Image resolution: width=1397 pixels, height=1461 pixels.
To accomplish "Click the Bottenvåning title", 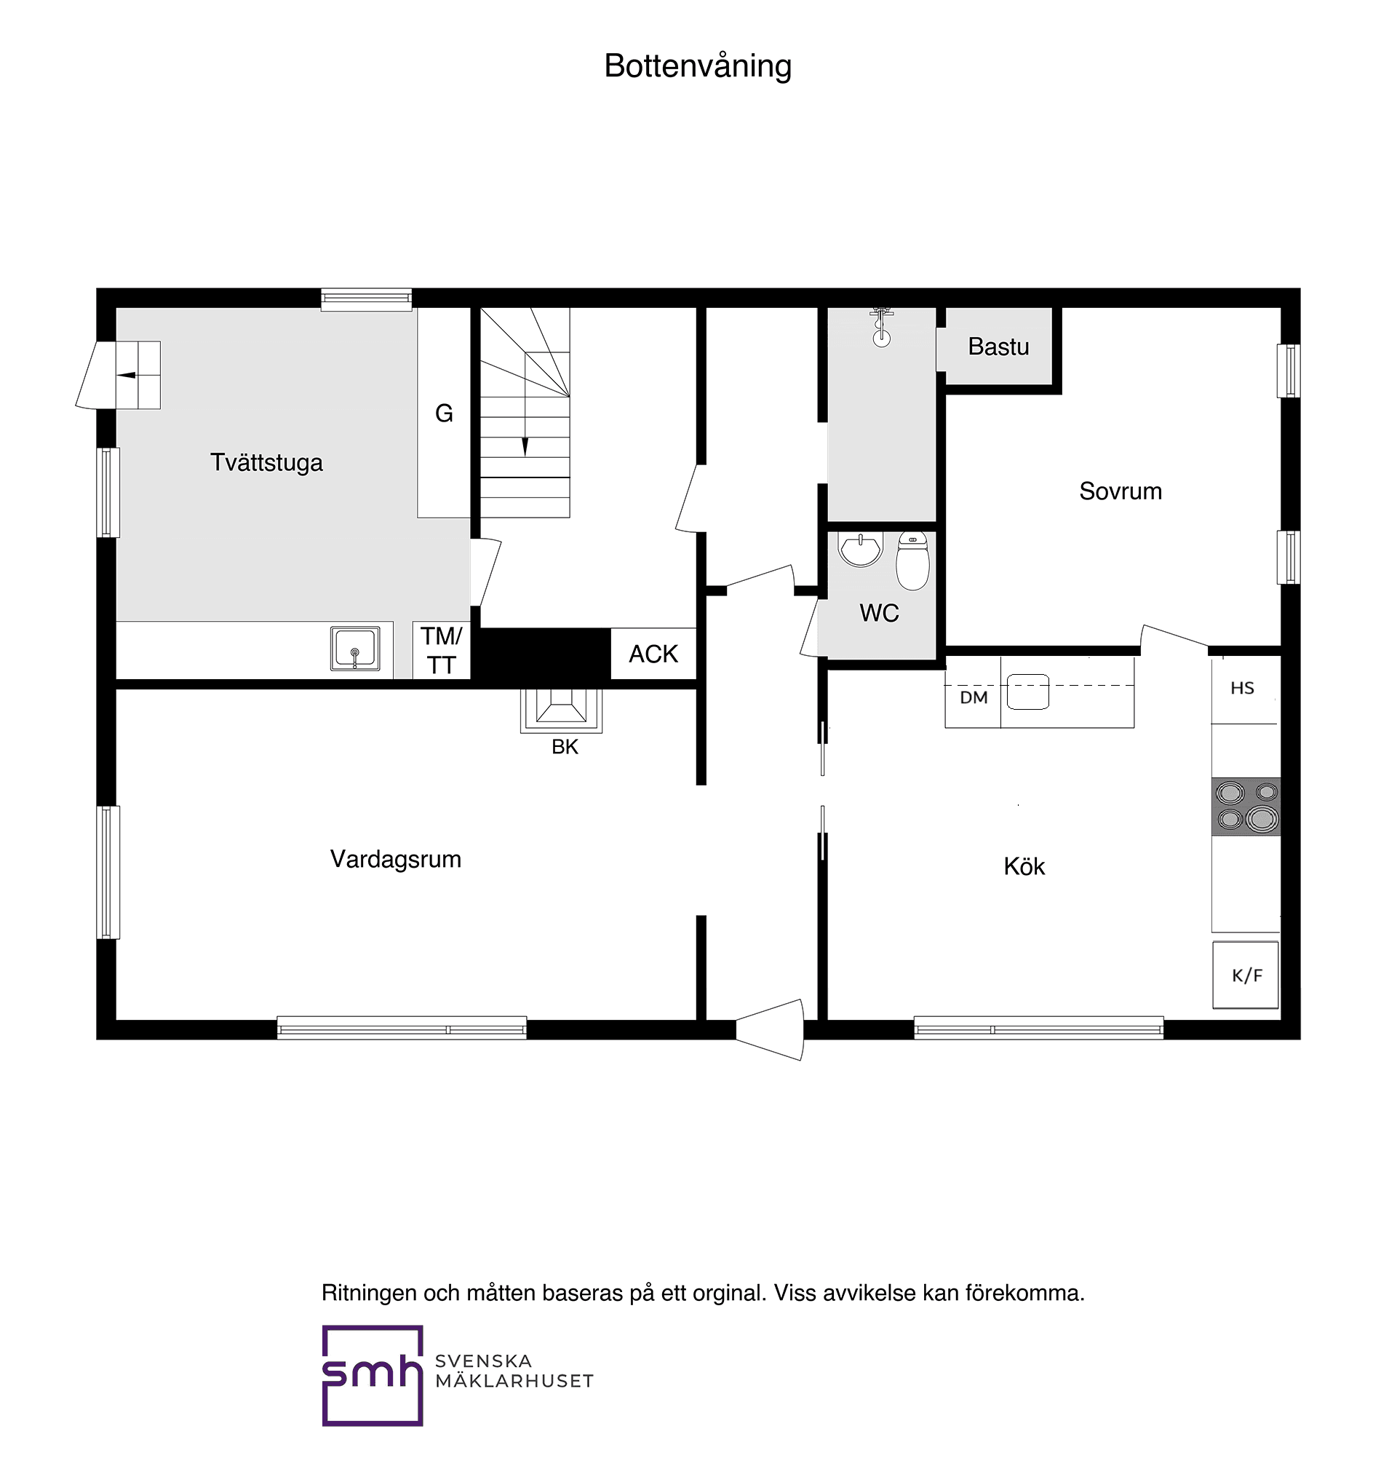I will pyautogui.click(x=697, y=66).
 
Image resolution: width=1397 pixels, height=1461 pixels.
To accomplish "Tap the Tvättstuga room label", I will pyautogui.click(x=266, y=463).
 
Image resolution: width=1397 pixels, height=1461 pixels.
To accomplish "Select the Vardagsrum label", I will pyautogui.click(x=395, y=859).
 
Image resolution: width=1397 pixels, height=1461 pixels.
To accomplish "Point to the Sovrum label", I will pyautogui.click(x=1120, y=491).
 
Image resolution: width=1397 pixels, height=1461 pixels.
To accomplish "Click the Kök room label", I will pyautogui.click(x=1024, y=866).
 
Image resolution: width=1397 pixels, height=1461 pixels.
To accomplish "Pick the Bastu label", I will pyautogui.click(x=998, y=347).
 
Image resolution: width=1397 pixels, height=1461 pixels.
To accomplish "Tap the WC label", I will pyautogui.click(x=879, y=613).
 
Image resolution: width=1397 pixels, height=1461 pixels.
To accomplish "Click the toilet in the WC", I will pyautogui.click(x=912, y=561).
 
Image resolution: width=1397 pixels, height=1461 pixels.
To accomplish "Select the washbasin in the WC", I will pyautogui.click(x=860, y=548).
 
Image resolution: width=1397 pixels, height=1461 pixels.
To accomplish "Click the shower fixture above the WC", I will pyautogui.click(x=882, y=328).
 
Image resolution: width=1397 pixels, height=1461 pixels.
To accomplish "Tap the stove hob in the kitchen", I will pyautogui.click(x=1245, y=806).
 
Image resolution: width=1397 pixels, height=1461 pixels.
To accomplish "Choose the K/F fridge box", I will pyautogui.click(x=1245, y=975).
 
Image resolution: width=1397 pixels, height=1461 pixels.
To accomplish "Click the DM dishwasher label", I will pyautogui.click(x=974, y=697).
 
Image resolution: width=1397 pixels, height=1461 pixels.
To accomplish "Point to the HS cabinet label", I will pyautogui.click(x=1242, y=689).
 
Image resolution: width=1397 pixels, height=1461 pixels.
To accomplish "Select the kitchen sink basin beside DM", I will pyautogui.click(x=1027, y=692).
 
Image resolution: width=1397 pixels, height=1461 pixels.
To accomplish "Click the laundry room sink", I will pyautogui.click(x=354, y=648).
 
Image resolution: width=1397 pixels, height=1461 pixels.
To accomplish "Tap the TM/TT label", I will pyautogui.click(x=441, y=650).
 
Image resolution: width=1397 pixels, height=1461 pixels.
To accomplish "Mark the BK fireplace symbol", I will pyautogui.click(x=561, y=709).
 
